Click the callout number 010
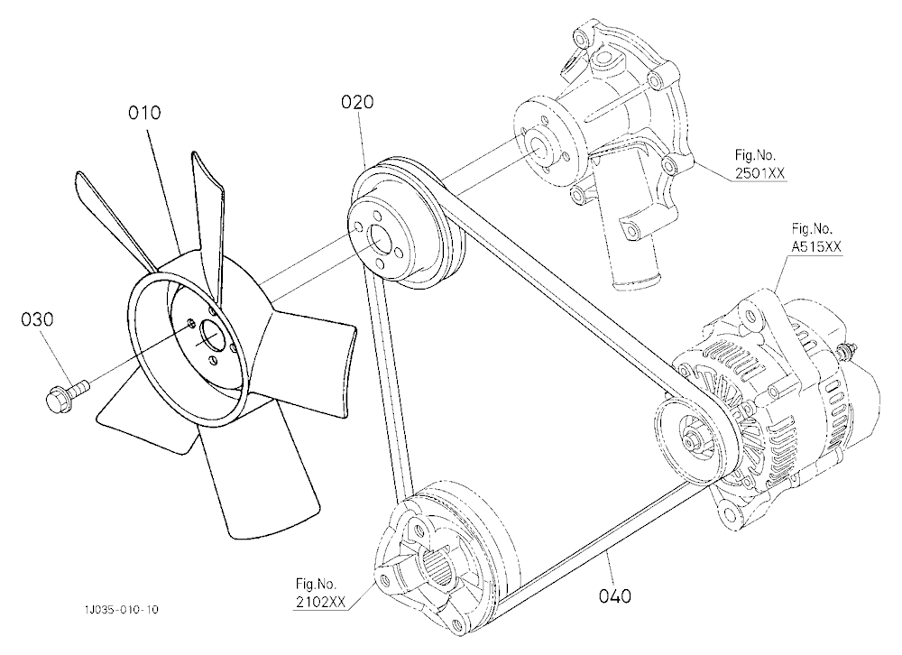pos(144,113)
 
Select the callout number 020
pos(357,102)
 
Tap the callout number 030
pos(37,319)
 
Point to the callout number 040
pos(615,596)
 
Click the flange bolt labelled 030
pos(66,395)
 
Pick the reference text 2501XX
pos(759,172)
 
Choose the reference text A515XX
pos(816,247)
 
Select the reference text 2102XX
pos(320,602)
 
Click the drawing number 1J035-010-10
pos(121,610)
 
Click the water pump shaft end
pos(539,146)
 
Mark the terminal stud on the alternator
pos(847,350)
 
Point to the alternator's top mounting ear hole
pos(749,316)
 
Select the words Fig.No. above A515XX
pos(812,229)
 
